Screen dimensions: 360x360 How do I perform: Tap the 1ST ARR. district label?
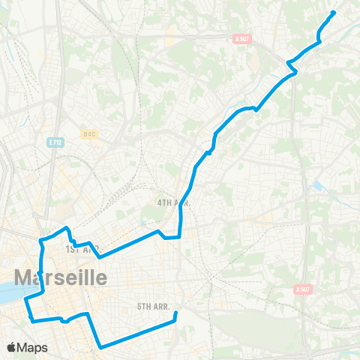[82, 248]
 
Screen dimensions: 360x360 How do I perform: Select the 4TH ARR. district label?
[174, 202]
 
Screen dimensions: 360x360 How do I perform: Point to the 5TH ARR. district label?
[155, 306]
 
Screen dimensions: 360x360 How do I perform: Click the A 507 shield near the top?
[241, 39]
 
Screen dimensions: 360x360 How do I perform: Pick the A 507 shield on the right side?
[303, 289]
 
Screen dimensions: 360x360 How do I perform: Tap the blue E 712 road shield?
[55, 141]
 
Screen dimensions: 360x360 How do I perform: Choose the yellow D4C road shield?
[90, 134]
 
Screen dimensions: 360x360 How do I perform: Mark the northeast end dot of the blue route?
[333, 12]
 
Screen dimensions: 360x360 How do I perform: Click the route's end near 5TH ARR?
[175, 315]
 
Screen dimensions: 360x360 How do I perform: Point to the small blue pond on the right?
[319, 184]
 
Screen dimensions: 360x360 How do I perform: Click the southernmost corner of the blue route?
[100, 347]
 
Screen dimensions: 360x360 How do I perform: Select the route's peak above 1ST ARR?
[67, 227]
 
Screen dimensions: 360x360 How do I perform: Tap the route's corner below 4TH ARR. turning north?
[179, 236]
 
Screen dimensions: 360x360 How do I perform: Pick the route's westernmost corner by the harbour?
[26, 300]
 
